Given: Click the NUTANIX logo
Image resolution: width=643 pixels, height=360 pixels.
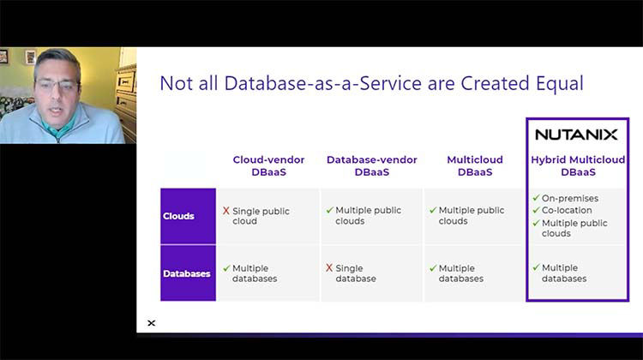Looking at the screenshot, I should [576, 135].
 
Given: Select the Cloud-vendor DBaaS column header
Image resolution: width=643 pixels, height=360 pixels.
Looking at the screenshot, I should [268, 165].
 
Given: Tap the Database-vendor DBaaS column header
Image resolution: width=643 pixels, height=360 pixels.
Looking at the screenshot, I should [371, 165].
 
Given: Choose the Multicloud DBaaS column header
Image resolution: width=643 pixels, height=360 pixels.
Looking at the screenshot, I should [475, 165].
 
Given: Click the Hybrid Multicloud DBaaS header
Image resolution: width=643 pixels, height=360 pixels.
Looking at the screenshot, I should [576, 165].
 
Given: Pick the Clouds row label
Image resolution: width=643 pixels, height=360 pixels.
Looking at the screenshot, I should [178, 216].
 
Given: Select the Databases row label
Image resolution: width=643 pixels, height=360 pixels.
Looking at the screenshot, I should [187, 273].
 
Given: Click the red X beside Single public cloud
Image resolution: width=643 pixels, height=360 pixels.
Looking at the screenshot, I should [226, 211].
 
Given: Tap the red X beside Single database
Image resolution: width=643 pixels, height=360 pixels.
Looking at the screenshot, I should [329, 267].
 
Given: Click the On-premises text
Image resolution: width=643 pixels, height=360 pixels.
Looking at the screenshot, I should [569, 199].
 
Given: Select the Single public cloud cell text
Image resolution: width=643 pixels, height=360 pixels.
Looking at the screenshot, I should [261, 216].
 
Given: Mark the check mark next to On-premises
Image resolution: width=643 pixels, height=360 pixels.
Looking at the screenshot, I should [536, 198].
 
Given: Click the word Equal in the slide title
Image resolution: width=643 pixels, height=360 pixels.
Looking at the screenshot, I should [557, 83].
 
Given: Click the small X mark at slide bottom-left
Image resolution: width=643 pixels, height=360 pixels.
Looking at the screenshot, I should [152, 323].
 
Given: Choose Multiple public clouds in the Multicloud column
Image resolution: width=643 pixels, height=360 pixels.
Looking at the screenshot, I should [471, 216].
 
